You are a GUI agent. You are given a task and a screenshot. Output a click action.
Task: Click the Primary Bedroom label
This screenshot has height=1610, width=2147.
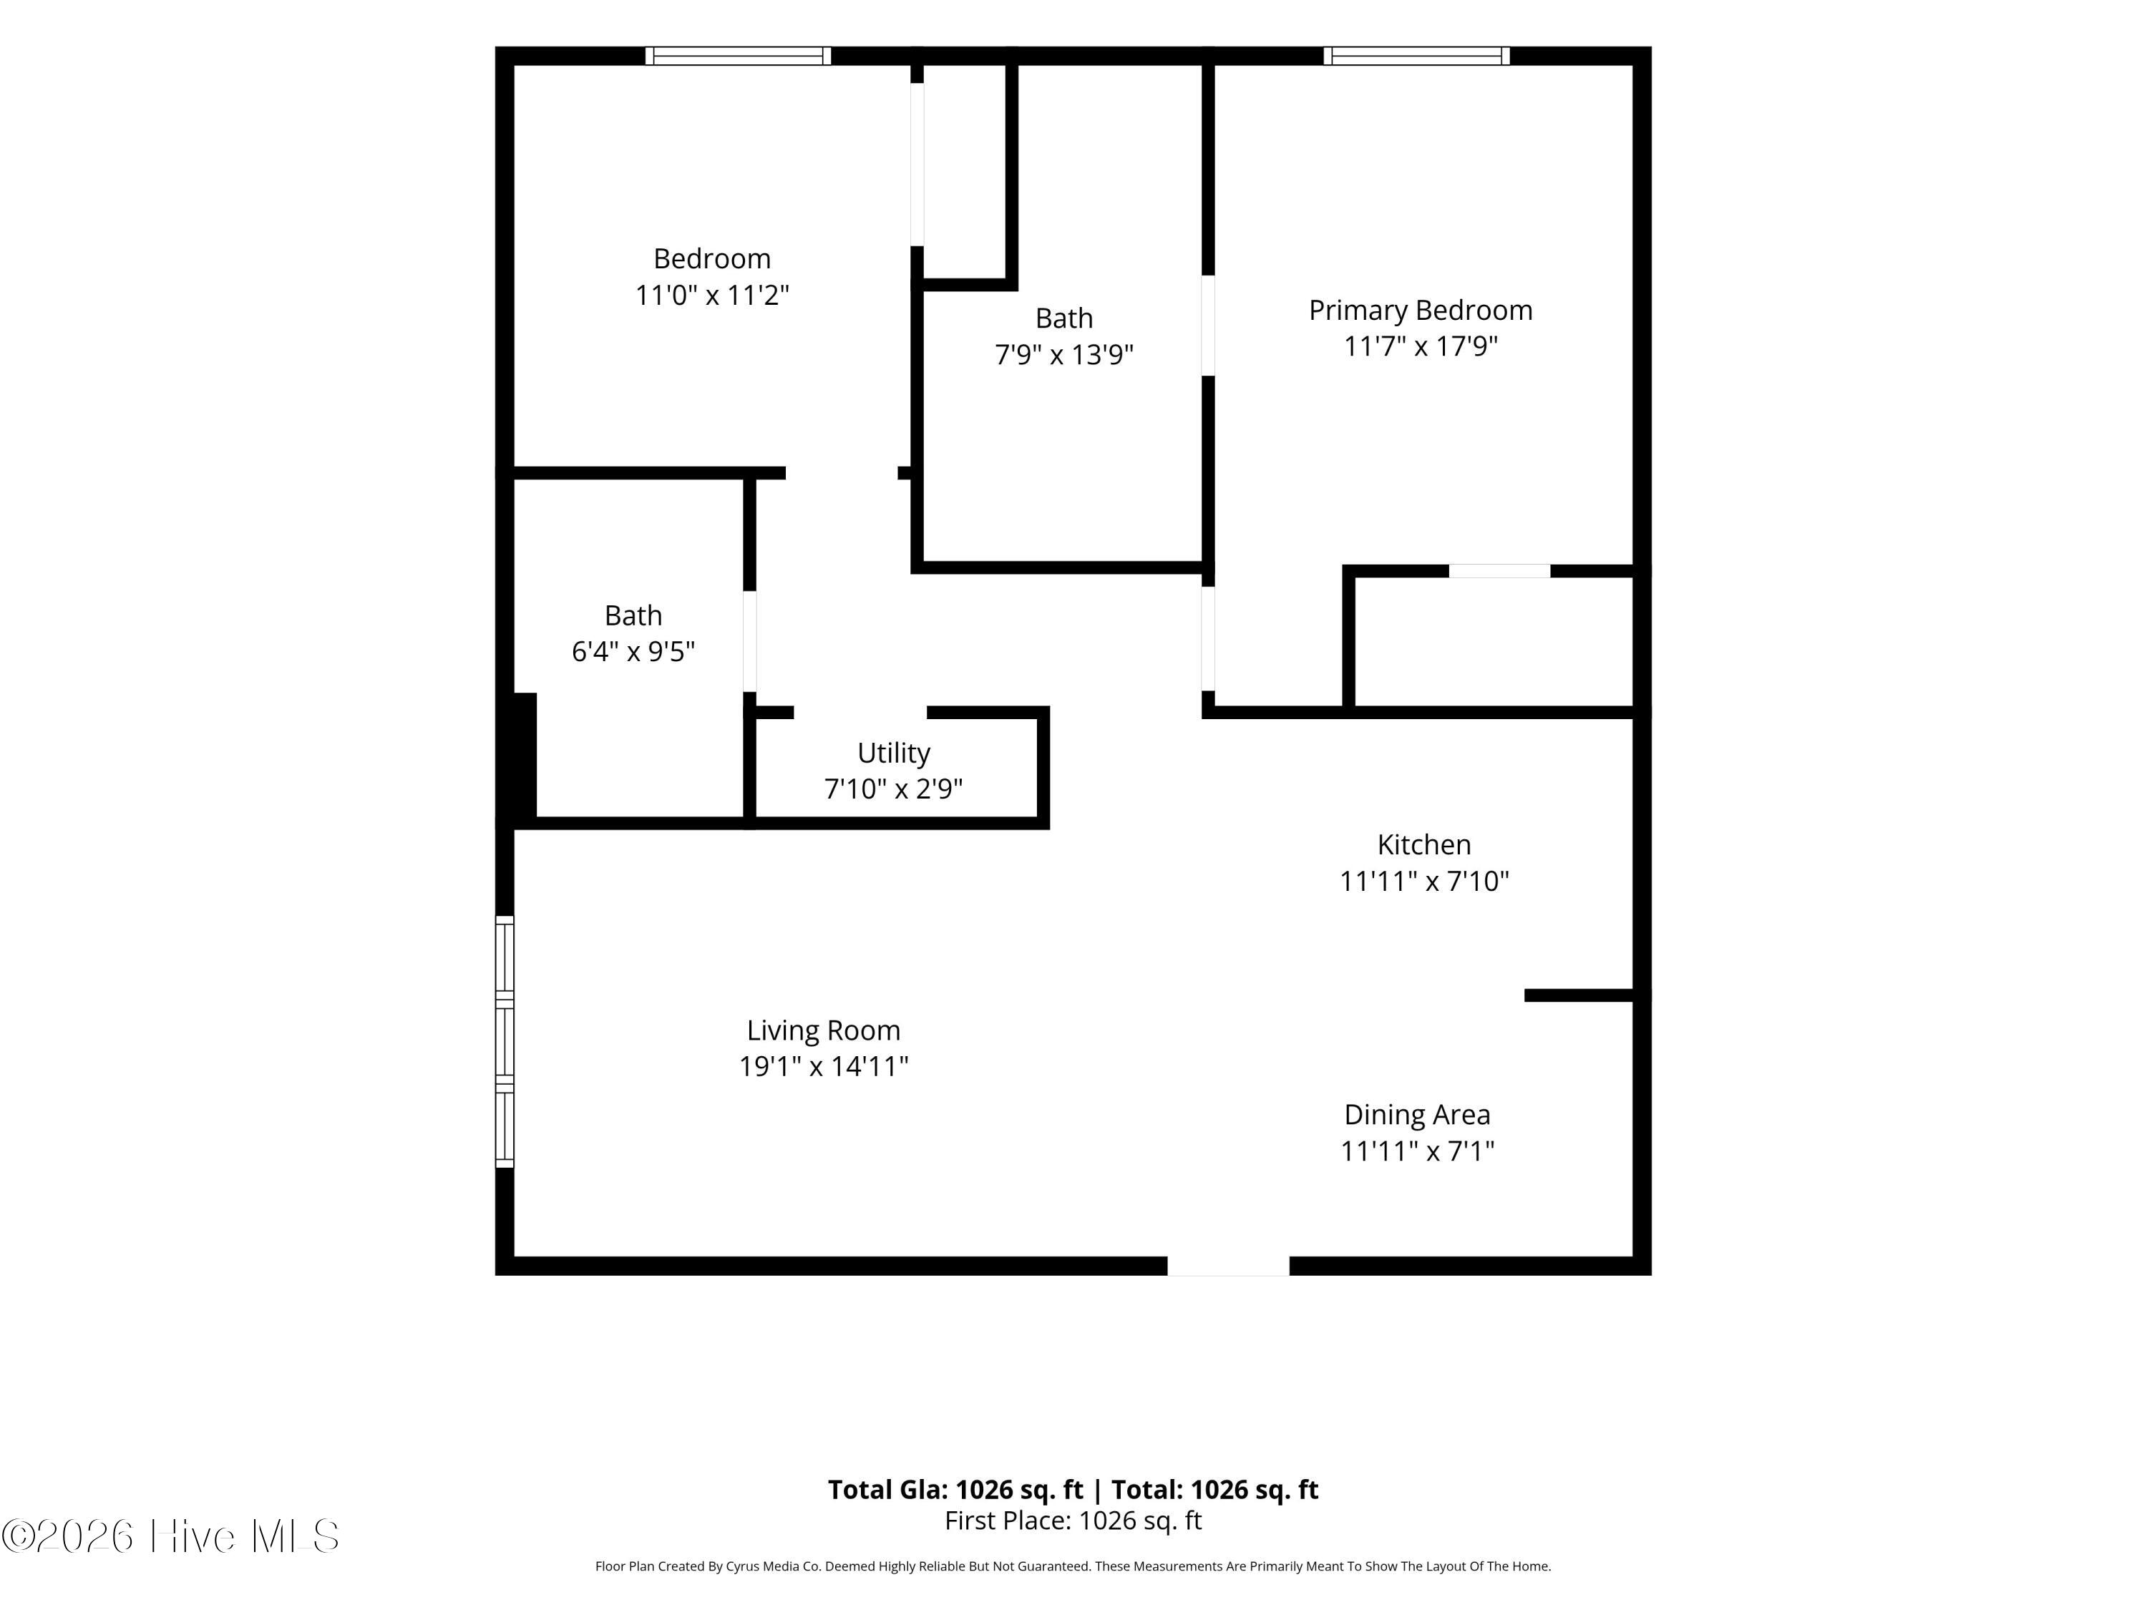(1420, 311)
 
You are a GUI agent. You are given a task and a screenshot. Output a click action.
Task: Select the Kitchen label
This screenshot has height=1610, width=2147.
(1424, 844)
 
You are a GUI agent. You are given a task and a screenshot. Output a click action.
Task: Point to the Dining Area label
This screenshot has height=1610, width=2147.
(1417, 1115)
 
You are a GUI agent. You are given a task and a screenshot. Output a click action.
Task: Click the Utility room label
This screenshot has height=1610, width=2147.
(893, 753)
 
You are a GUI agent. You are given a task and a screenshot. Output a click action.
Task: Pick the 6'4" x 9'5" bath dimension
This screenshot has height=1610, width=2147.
(633, 651)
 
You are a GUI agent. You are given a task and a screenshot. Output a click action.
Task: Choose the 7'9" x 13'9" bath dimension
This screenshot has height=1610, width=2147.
(1063, 354)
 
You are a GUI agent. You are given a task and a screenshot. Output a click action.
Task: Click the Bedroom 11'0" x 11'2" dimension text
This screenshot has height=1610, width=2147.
(711, 295)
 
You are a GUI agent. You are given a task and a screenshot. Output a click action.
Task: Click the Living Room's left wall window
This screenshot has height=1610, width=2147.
(505, 1041)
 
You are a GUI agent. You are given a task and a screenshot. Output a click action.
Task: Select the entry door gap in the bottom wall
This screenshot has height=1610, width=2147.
(1228, 1266)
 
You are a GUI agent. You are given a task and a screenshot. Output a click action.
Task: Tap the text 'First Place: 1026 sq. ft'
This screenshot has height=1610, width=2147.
(1073, 1521)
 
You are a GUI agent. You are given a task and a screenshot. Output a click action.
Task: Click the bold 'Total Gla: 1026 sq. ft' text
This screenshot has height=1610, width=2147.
(955, 1490)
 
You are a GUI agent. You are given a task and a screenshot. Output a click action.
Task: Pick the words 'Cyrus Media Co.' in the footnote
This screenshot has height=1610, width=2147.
(773, 1566)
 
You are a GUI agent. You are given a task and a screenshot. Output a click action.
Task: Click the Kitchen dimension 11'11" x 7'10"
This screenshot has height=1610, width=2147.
(1424, 881)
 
